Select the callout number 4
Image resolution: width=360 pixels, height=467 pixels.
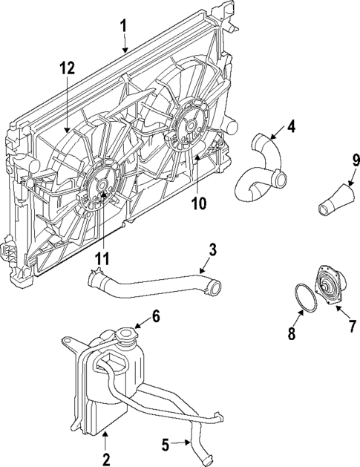(292, 125)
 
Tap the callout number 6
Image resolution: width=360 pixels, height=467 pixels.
(156, 316)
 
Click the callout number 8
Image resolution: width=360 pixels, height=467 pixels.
(292, 334)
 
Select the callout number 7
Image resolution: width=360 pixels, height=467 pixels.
(353, 327)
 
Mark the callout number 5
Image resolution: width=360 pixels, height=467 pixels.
(165, 445)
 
